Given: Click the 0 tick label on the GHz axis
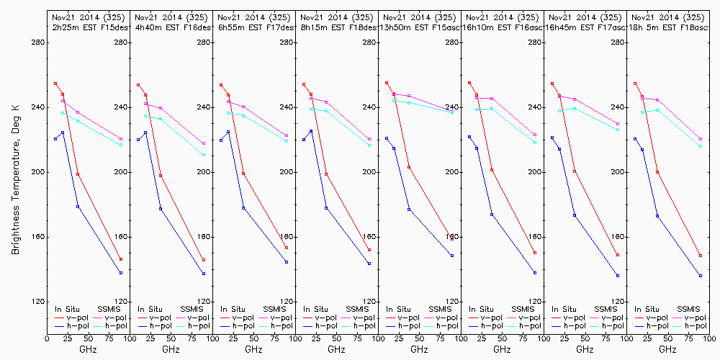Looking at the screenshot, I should pos(47,338).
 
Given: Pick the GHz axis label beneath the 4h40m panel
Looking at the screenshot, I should pos(171,349).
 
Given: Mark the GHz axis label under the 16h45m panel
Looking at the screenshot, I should pos(585,349).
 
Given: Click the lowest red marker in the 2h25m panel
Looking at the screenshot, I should pos(121,259).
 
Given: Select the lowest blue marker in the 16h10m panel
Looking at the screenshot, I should pos(535,273).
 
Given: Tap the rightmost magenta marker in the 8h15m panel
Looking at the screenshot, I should pos(369,140).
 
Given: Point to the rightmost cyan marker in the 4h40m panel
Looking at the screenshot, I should pos(204,155).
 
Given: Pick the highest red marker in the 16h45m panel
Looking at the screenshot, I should pos(552,84).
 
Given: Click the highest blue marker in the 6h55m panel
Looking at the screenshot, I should pos(228,132).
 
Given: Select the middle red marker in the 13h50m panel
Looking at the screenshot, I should pos(409,167).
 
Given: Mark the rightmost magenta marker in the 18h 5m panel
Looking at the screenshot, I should pos(701,139).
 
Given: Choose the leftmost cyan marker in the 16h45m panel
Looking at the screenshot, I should pos(559,111).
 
